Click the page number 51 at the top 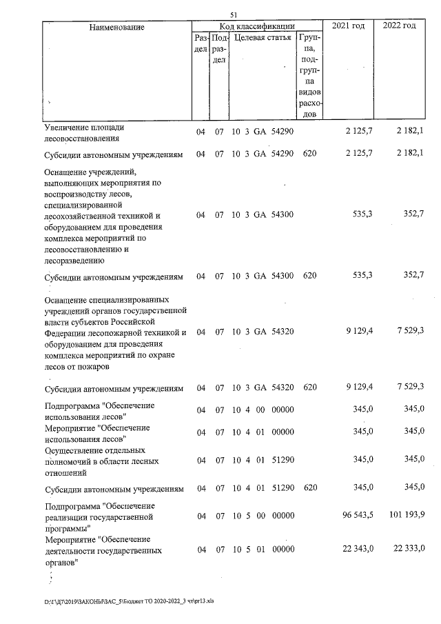click(x=234, y=15)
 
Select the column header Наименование click(x=116, y=27)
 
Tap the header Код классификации click(x=257, y=26)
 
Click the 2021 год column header click(x=349, y=26)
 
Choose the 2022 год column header click(x=399, y=26)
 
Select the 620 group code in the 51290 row click(x=309, y=488)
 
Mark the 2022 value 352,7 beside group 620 click(x=412, y=276)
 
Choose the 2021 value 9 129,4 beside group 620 click(x=358, y=388)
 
